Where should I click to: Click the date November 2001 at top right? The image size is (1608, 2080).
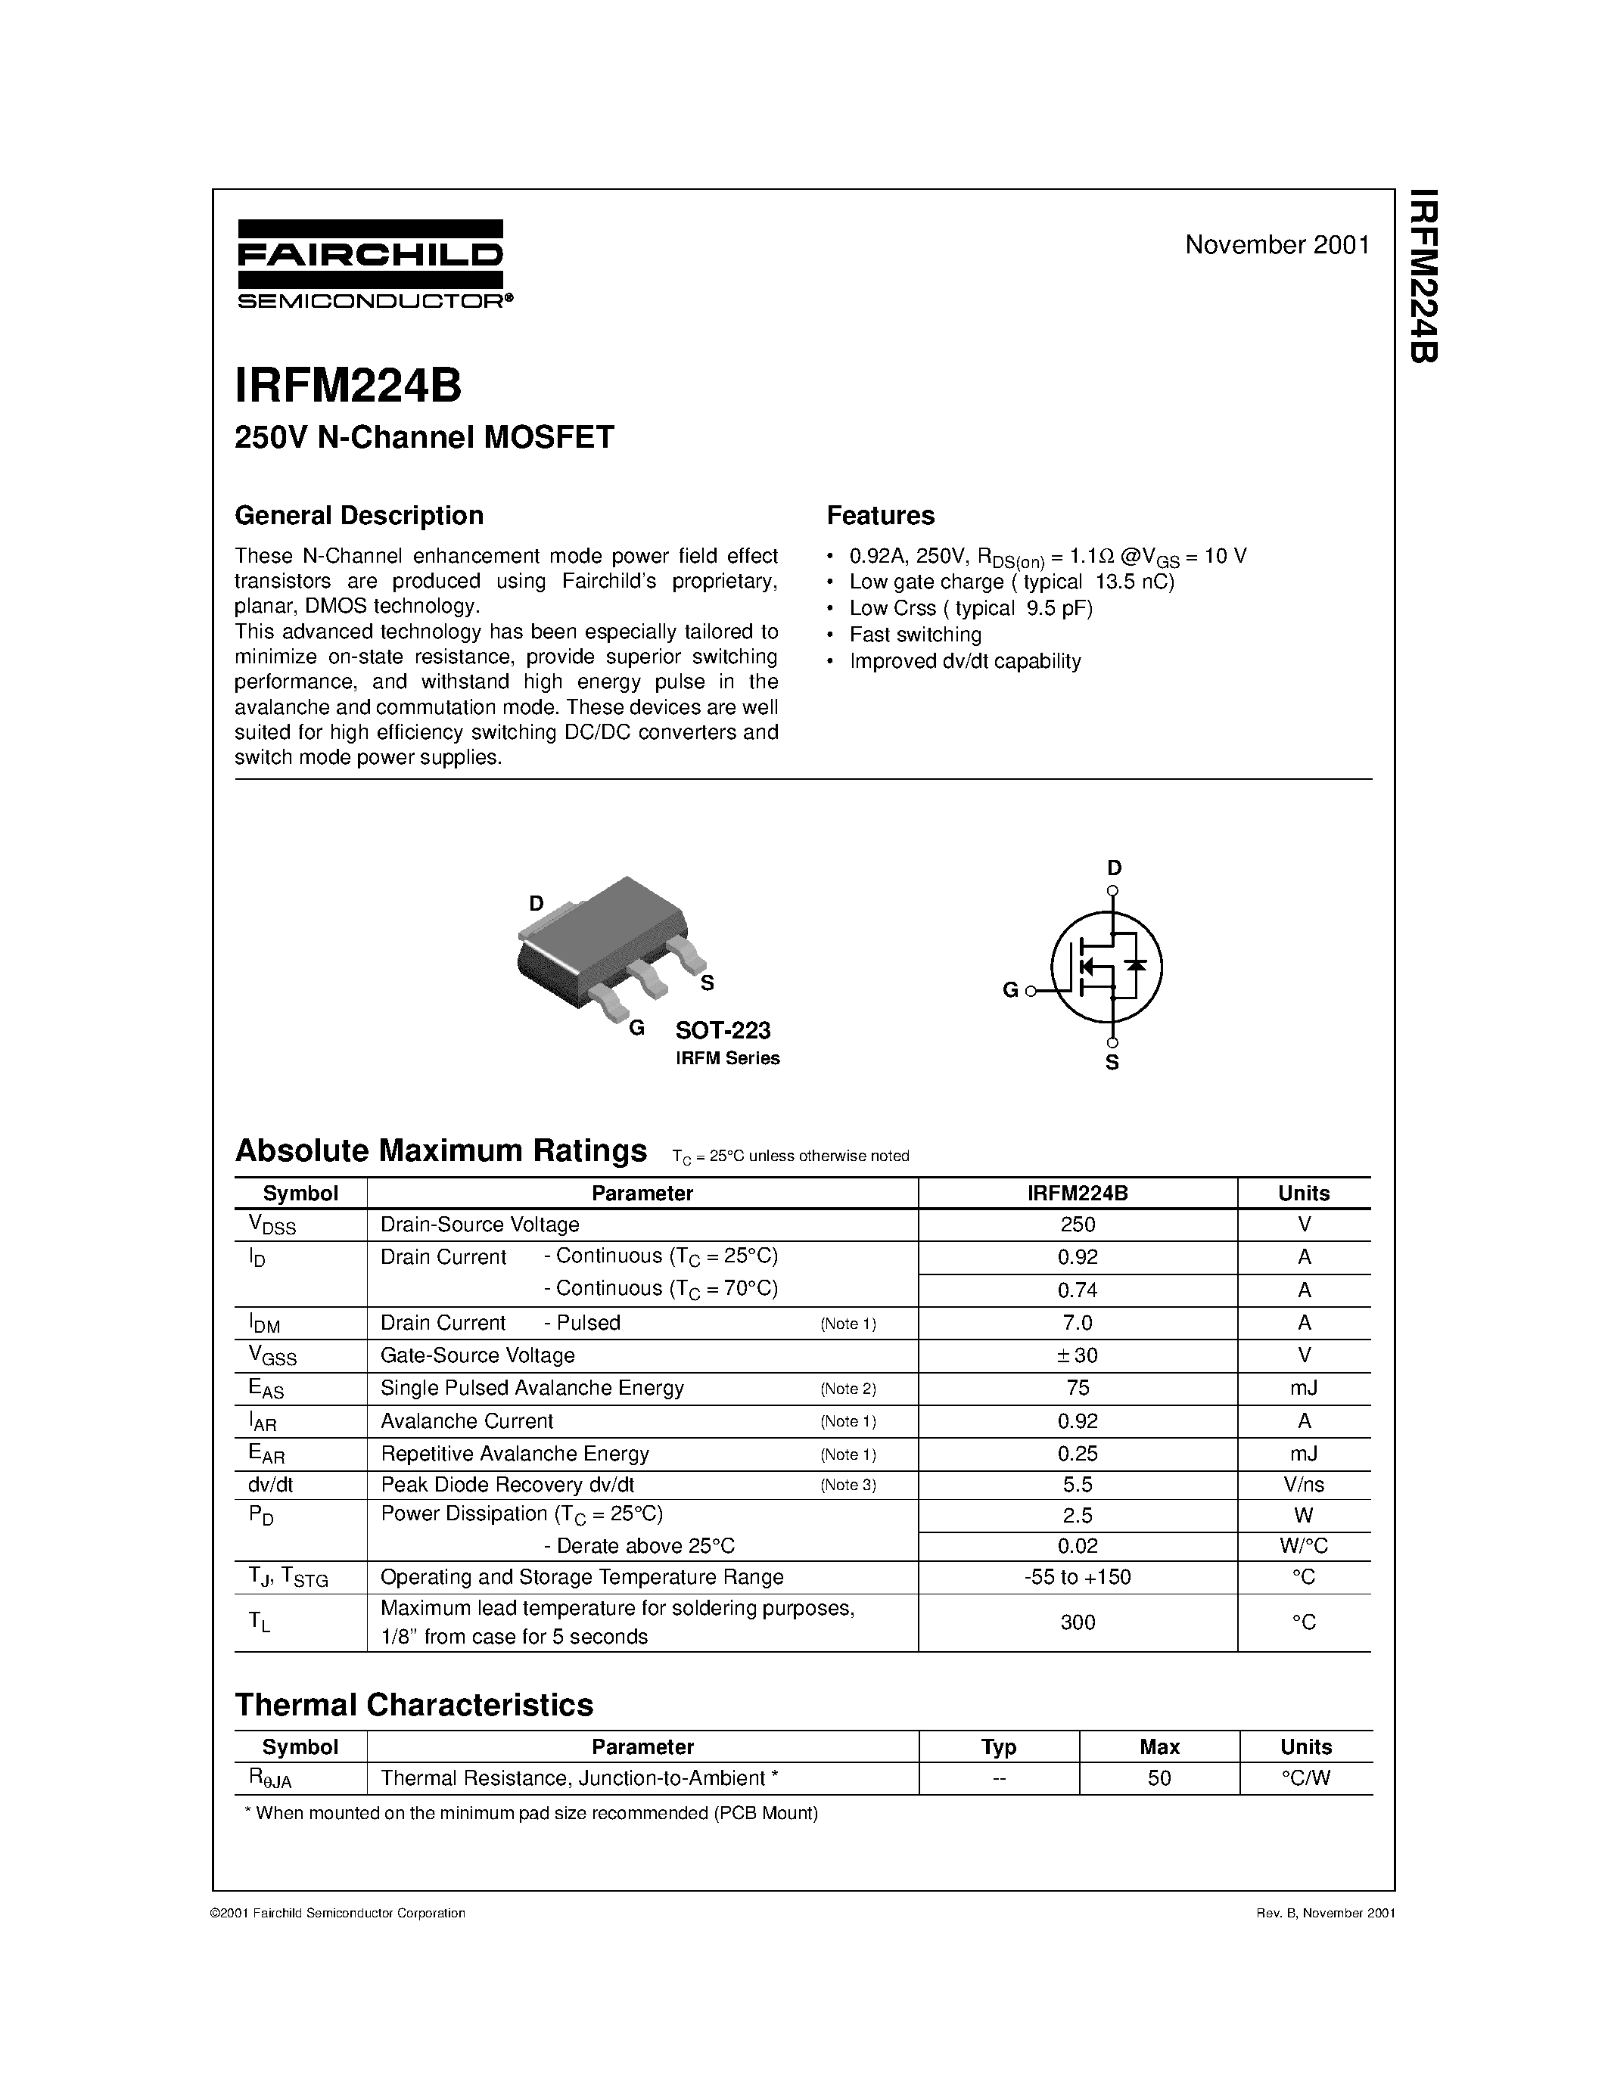[1277, 245]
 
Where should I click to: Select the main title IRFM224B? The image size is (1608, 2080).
[349, 387]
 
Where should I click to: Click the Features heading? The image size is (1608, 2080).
[880, 515]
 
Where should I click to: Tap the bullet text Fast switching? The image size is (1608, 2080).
[915, 635]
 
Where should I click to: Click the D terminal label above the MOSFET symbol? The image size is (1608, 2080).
[1114, 868]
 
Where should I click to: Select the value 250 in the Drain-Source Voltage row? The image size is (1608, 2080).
[1078, 1225]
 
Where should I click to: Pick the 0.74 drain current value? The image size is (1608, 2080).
[1078, 1290]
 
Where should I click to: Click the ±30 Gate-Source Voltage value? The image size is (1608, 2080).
[1078, 1355]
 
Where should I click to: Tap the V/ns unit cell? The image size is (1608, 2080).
[1303, 1485]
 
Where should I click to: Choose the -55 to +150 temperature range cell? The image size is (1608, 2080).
[1078, 1577]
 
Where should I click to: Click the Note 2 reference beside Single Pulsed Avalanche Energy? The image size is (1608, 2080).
[848, 1389]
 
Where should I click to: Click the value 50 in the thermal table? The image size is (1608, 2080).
[1159, 1778]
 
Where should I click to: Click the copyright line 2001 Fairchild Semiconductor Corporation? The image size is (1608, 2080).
[338, 1914]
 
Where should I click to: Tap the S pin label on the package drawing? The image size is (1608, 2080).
[707, 984]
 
